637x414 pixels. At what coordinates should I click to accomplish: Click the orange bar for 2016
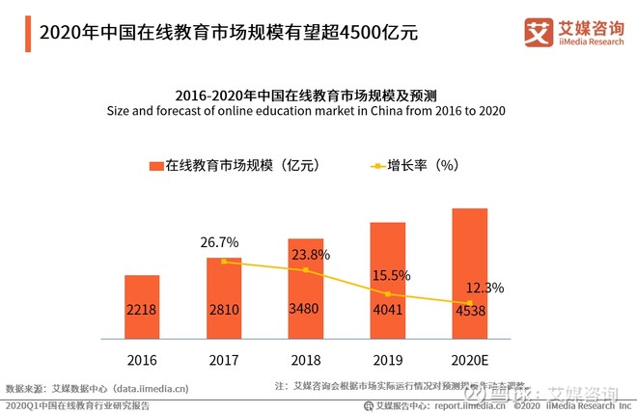click(142, 307)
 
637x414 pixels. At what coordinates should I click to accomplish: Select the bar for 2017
click(224, 298)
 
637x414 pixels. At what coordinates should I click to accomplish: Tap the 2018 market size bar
click(305, 289)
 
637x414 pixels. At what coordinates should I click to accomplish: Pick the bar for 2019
click(387, 281)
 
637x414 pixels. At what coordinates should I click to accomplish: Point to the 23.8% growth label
click(311, 255)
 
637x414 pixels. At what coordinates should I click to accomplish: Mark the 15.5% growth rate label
click(392, 276)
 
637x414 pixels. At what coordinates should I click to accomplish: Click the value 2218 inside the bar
click(142, 311)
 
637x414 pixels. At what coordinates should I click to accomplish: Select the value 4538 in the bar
click(469, 311)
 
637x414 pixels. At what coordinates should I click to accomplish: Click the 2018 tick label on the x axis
click(305, 360)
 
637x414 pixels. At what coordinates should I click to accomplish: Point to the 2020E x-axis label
click(469, 360)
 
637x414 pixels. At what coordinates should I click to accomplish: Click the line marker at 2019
click(387, 293)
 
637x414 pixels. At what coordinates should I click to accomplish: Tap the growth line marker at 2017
click(224, 262)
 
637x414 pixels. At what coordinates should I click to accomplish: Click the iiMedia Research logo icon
click(537, 31)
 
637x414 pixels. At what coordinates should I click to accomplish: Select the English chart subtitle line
click(306, 112)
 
